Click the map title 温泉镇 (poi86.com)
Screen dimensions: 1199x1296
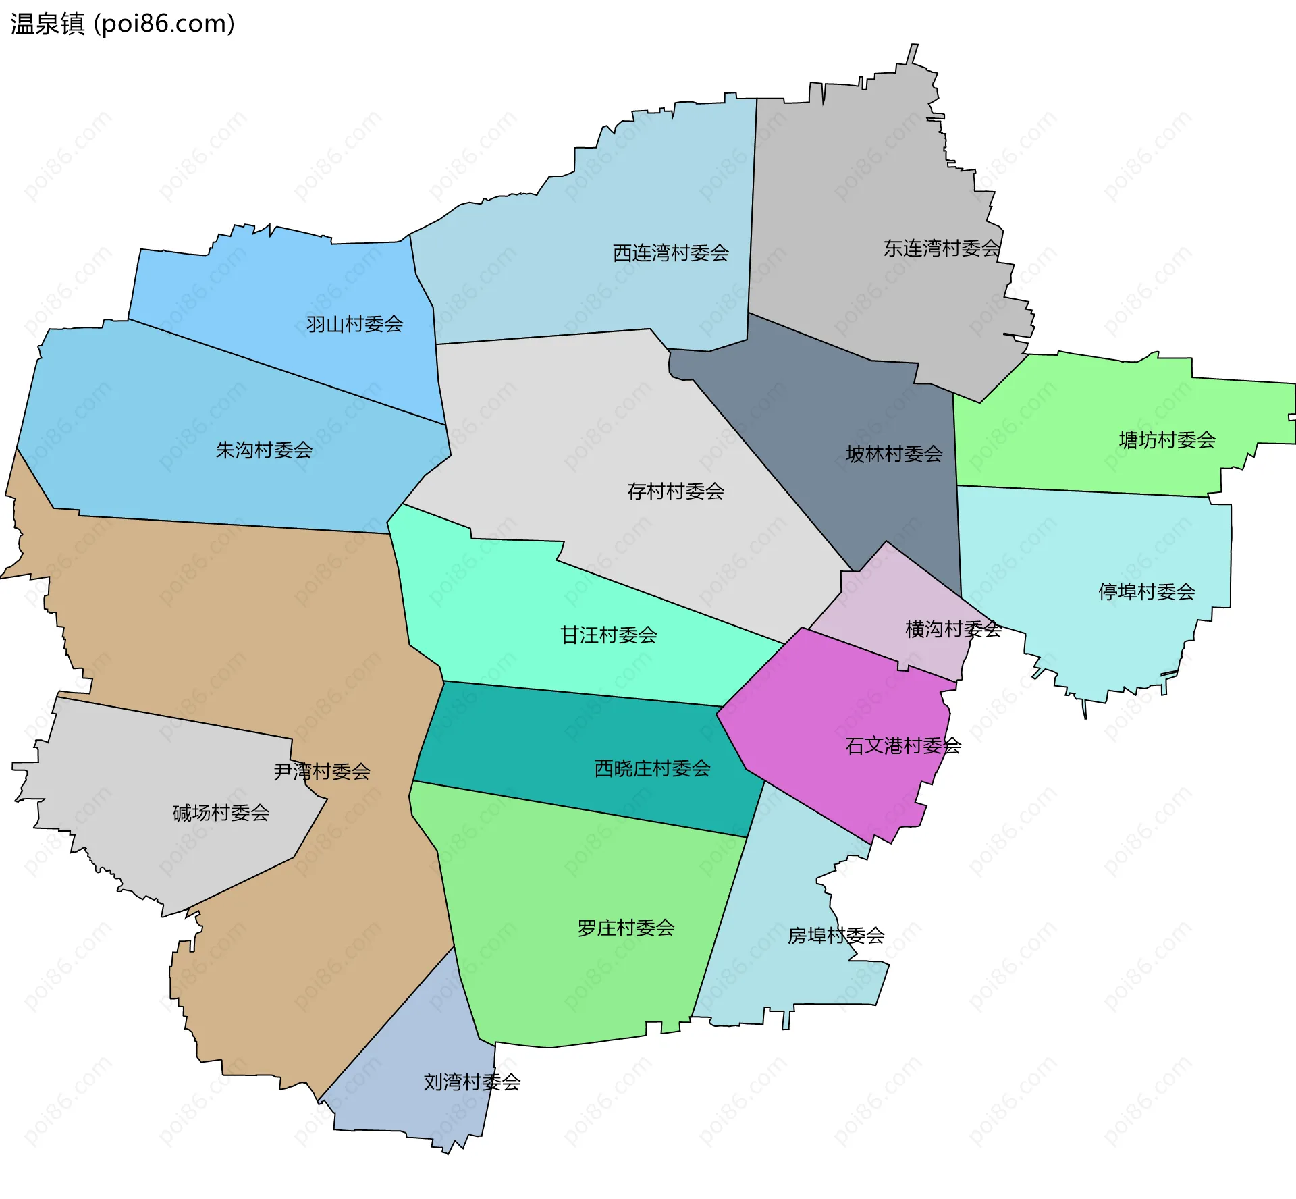point(122,24)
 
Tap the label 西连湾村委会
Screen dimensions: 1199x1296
point(670,253)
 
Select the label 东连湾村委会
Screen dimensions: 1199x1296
point(941,248)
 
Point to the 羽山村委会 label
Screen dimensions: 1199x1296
point(354,325)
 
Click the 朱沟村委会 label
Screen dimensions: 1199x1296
point(264,450)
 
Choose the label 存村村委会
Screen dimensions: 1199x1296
point(675,491)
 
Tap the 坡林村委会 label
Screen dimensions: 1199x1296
point(894,454)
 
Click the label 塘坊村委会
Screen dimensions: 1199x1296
point(1166,441)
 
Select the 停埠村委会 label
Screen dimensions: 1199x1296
point(1146,592)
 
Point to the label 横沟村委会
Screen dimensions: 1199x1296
point(952,629)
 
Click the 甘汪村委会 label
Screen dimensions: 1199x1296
point(608,635)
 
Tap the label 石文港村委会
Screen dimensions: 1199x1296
point(902,746)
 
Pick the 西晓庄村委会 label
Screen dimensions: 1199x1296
point(652,768)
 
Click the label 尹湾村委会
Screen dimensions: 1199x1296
point(322,772)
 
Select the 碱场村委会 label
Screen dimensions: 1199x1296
point(221,813)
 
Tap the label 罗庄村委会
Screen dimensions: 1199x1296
point(626,928)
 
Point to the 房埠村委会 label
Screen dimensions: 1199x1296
point(836,936)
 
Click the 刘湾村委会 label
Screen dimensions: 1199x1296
point(472,1082)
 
